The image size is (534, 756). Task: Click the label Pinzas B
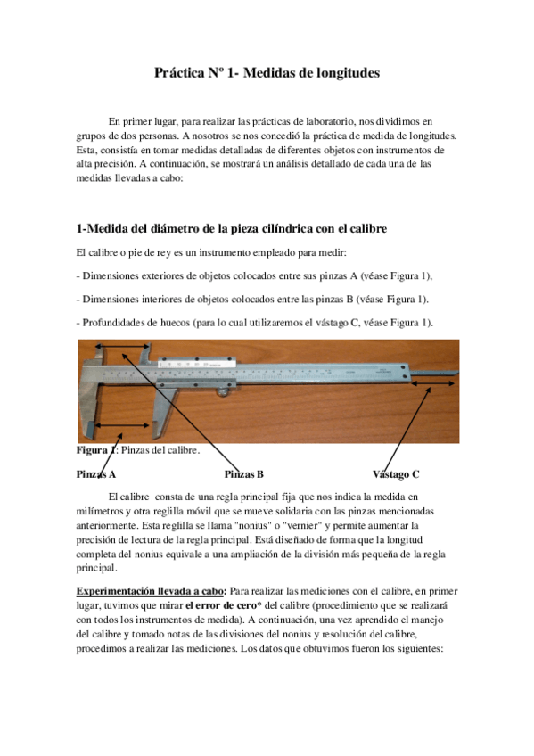pyautogui.click(x=243, y=473)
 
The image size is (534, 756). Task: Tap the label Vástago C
pyautogui.click(x=396, y=473)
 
